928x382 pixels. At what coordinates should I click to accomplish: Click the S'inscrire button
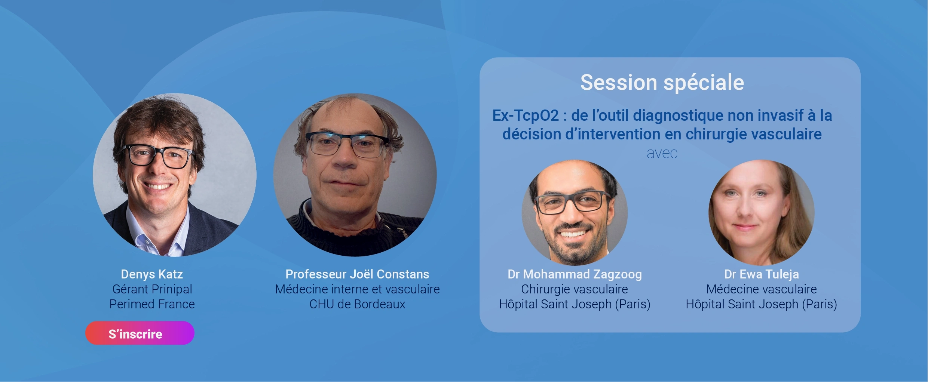[x=140, y=333]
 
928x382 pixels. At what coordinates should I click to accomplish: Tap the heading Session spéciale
[x=662, y=83]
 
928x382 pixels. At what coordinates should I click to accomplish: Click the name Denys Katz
[x=152, y=274]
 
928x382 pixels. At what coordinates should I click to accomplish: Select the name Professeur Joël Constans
[x=357, y=274]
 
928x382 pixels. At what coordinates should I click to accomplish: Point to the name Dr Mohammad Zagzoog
[x=575, y=275]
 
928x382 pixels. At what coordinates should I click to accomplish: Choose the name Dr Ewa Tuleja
[x=762, y=275]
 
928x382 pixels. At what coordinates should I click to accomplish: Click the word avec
[x=662, y=154]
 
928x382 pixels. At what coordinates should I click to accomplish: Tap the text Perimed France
[x=152, y=304]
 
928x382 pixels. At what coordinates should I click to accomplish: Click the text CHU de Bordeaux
[x=357, y=304]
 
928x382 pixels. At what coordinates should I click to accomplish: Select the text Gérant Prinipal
[x=152, y=289]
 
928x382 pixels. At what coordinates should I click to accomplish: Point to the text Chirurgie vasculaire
[x=575, y=289]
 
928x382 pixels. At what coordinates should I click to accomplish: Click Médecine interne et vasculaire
[x=357, y=289]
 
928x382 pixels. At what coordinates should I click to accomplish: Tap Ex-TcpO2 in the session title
[x=526, y=115]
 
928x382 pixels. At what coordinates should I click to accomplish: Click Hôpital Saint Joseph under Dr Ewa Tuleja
[x=742, y=304]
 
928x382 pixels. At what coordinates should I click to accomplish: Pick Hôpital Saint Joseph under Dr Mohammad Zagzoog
[x=555, y=304]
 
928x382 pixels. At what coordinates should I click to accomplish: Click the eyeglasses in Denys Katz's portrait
[x=159, y=156]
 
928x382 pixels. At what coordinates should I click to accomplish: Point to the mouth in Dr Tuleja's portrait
[x=745, y=227]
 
